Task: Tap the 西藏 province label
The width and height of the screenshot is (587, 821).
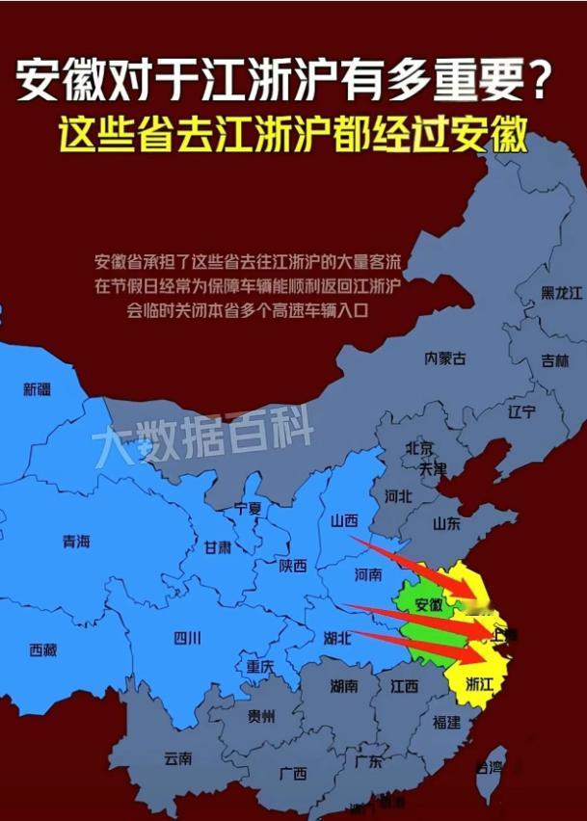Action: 43,649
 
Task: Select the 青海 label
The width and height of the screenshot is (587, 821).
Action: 76,542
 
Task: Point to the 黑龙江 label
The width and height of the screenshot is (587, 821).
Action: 561,292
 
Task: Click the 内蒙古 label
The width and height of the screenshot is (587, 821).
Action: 445,358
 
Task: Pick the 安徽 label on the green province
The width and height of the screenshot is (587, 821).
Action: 429,605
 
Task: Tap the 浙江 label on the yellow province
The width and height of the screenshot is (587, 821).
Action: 479,683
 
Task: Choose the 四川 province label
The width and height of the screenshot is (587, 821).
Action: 187,637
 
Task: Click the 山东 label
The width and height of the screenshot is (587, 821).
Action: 446,523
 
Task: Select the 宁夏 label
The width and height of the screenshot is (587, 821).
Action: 248,508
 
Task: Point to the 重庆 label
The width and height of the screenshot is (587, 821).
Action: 260,666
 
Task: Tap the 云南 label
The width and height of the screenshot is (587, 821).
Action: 178,758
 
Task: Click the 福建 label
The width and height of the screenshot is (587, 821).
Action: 446,722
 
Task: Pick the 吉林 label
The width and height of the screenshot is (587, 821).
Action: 554,360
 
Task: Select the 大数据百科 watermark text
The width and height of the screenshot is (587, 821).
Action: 203,444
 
